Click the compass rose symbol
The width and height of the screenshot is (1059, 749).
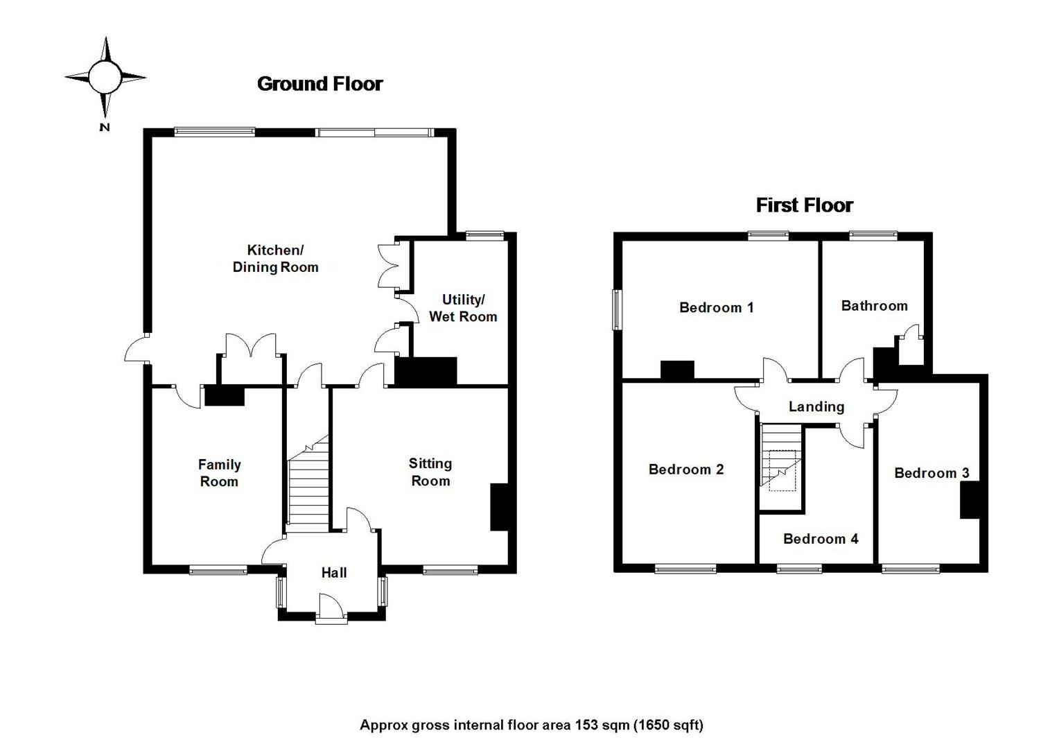point(105,76)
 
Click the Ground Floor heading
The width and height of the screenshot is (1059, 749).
point(320,84)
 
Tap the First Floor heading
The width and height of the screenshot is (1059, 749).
point(804,205)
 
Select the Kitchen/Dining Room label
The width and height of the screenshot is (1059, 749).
point(275,259)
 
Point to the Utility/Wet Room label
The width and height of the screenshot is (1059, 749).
point(463,308)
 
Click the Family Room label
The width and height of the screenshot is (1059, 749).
point(219,473)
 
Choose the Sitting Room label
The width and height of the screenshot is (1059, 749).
point(430,472)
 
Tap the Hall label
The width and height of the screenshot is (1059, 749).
point(333,573)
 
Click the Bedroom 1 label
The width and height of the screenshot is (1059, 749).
point(717,307)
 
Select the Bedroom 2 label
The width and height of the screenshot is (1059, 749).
point(686,470)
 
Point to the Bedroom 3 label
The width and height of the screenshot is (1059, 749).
point(931,473)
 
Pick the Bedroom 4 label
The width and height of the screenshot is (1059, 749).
point(821,539)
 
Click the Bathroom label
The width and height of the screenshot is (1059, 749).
point(874,306)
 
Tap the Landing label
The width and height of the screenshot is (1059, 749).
point(816,406)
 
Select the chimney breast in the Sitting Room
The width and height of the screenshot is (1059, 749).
point(499,507)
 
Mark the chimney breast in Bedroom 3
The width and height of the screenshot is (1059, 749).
point(969,500)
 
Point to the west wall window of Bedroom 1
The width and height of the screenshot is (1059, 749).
point(616,309)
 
